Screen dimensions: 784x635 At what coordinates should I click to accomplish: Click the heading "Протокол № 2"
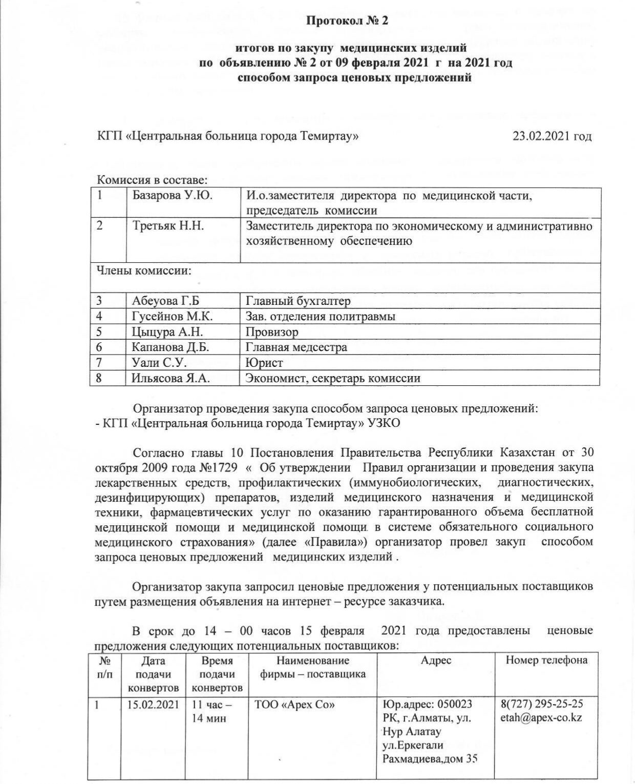coord(347,21)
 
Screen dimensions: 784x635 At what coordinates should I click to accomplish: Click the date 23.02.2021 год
coord(552,136)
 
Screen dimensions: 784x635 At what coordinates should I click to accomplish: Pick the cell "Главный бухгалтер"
coord(298,301)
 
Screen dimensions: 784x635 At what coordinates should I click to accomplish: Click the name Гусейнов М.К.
coord(172,316)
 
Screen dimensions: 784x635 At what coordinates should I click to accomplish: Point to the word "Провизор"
coord(272,332)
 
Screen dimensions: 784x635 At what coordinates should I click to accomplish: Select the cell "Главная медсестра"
coord(297,347)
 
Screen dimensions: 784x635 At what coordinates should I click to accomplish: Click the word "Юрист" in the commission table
coord(264,363)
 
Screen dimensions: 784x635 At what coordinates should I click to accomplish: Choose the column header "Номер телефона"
coord(546,660)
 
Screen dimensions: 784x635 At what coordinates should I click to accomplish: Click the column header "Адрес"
coord(436,660)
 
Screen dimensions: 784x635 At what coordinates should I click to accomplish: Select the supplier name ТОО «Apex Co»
coord(295,705)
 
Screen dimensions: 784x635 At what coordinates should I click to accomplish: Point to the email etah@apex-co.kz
coord(541,718)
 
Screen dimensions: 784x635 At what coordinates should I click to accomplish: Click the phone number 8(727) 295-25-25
coord(542,704)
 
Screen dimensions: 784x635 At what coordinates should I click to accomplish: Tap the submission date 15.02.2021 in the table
coord(153,705)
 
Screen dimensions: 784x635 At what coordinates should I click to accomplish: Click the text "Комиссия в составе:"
coord(152,180)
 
